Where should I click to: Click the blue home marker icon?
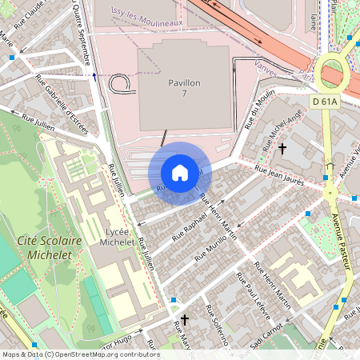click(180, 172)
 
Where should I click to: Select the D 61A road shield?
click(325, 101)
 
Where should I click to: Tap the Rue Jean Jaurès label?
click(279, 175)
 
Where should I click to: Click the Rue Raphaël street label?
click(191, 226)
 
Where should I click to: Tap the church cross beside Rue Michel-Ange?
click(282, 149)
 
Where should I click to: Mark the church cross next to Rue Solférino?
click(185, 320)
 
